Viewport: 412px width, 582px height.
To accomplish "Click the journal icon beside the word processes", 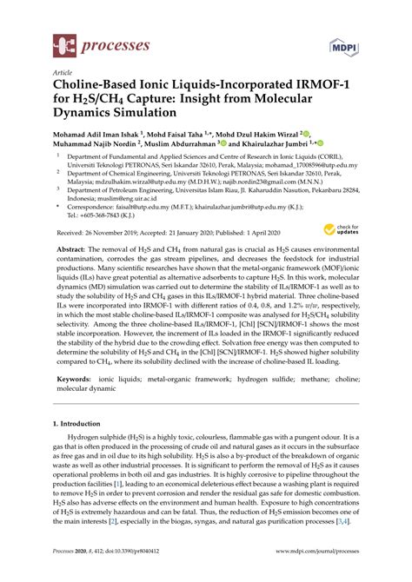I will [65, 40].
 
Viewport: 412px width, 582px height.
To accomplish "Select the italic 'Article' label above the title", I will [63, 74].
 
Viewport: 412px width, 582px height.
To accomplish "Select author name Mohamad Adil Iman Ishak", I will [102, 136].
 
